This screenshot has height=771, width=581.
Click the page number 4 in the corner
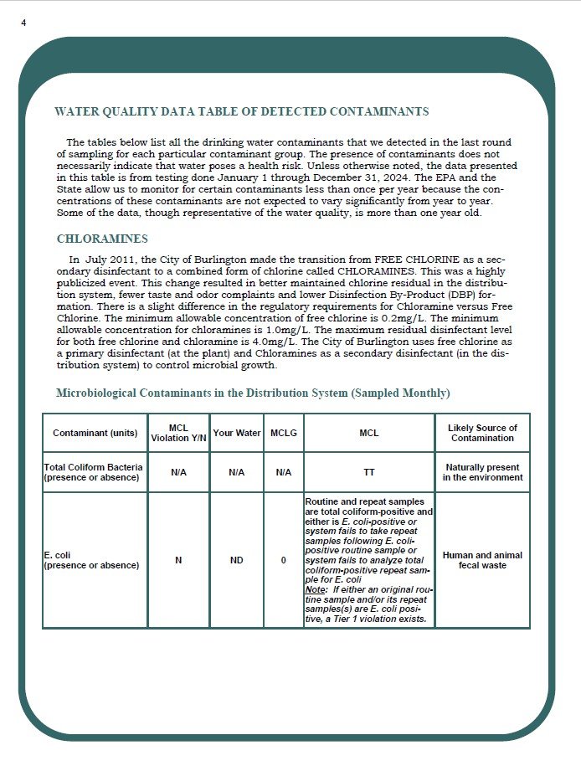tap(23, 23)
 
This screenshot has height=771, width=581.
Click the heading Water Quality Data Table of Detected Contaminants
tap(241, 111)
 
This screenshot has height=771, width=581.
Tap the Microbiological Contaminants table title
tap(252, 393)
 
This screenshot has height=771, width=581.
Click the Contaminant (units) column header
tap(95, 434)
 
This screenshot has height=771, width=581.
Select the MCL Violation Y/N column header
tap(178, 433)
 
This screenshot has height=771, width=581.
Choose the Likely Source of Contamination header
tap(482, 433)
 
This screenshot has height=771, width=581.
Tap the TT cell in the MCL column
tap(368, 472)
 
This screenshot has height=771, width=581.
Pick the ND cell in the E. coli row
tap(236, 560)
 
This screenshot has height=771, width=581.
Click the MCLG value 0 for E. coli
tap(283, 560)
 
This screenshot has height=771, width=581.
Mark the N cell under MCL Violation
tap(178, 560)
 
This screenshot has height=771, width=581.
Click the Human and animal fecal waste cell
tap(482, 560)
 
